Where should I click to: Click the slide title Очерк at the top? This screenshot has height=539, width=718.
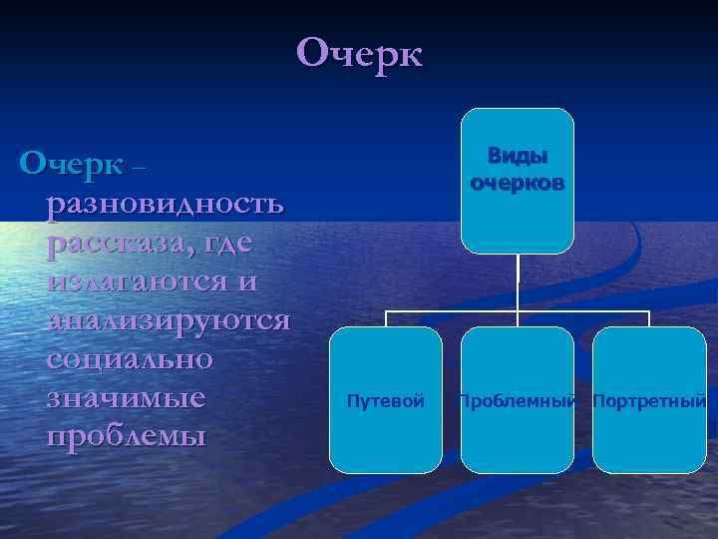click(359, 53)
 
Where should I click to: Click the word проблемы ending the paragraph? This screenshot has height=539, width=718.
click(125, 437)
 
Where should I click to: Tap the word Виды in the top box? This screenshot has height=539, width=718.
click(518, 157)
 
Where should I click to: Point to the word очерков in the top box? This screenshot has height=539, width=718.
click(518, 183)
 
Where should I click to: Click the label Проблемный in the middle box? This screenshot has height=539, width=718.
click(518, 401)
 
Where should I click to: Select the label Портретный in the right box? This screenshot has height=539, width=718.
click(649, 401)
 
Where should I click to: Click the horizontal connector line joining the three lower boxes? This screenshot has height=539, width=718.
click(449, 310)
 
